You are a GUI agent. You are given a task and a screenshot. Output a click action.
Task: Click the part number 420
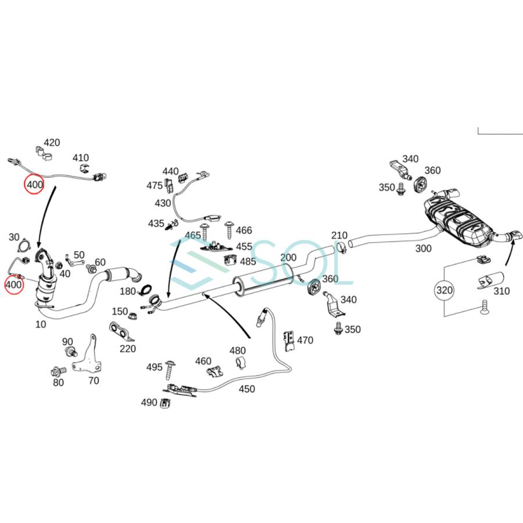click(52, 142)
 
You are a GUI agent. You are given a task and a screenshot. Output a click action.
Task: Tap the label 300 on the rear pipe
click(424, 248)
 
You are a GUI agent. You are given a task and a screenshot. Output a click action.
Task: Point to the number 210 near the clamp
click(339, 235)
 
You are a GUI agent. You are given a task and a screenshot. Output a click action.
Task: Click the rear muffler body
click(457, 221)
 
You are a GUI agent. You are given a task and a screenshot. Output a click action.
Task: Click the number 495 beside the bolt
click(154, 367)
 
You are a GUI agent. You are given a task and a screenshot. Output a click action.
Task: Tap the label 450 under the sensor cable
click(246, 389)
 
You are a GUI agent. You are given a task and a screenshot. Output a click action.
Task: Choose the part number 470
click(305, 340)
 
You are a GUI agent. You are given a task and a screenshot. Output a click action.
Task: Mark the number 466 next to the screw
click(244, 231)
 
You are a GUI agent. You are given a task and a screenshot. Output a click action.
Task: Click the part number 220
click(128, 349)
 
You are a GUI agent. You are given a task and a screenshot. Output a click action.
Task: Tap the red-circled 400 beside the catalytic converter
click(14, 285)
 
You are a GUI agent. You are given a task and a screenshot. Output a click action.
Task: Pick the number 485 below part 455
click(248, 261)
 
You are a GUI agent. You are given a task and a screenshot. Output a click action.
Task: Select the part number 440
click(170, 171)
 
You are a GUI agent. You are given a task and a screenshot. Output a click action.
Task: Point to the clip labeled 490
click(166, 402)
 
